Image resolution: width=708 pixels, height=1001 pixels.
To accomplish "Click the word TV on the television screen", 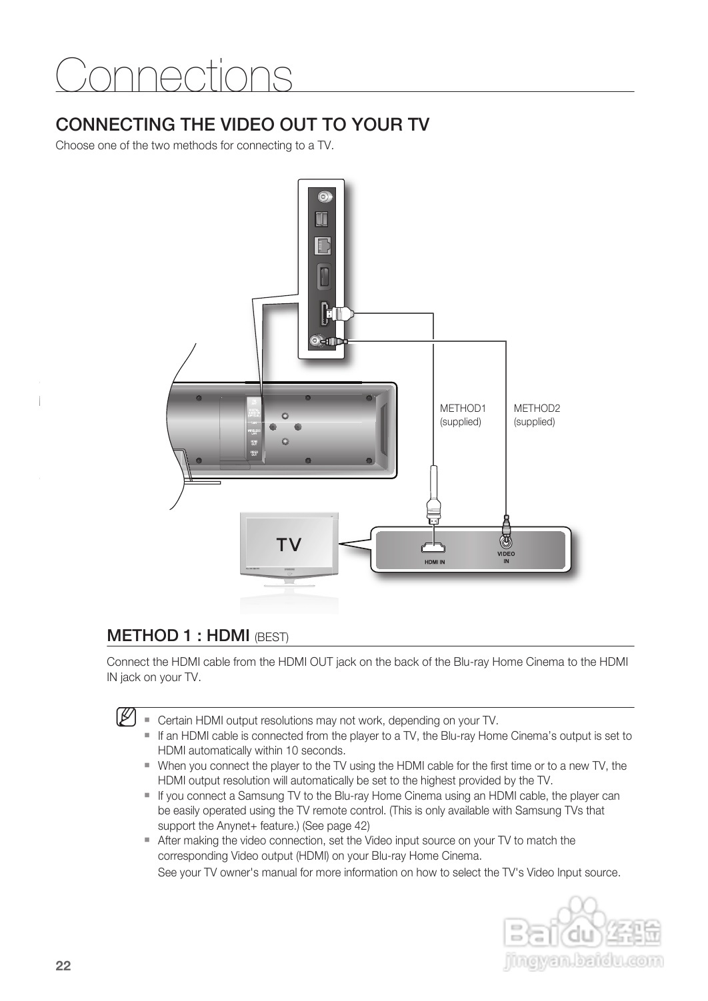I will [289, 545].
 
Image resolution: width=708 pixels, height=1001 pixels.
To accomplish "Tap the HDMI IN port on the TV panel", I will [433, 548].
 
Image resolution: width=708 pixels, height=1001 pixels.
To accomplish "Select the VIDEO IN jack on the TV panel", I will [507, 541].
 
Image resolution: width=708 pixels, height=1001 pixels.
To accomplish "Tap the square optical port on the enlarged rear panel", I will [323, 219].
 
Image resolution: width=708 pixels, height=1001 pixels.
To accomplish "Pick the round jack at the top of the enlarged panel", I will [323, 197].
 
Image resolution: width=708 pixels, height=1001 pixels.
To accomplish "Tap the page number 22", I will [63, 966].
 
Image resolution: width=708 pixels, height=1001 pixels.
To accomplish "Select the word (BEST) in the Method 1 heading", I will [271, 637].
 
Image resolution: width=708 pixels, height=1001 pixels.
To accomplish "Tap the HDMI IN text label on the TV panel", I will [434, 562].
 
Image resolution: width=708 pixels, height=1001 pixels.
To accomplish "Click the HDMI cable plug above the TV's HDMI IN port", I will [433, 510].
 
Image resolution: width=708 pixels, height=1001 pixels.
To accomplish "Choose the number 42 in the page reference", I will [359, 826].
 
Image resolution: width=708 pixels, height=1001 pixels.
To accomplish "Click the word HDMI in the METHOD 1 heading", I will [228, 635].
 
